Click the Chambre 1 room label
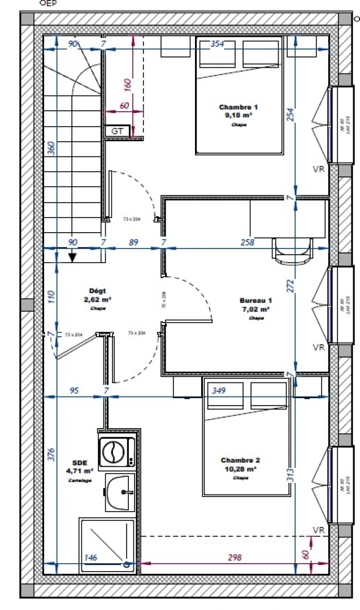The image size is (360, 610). [x=238, y=111]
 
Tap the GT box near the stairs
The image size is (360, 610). [x=118, y=131]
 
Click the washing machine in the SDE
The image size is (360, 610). [x=117, y=452]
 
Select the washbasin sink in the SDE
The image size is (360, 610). [x=120, y=492]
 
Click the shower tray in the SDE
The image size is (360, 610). [x=107, y=544]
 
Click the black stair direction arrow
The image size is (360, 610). [x=72, y=258]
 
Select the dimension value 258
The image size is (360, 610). [x=247, y=243]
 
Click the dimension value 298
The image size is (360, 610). [x=235, y=557]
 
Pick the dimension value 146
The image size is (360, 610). [x=90, y=557]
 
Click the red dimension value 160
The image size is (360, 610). [x=127, y=84]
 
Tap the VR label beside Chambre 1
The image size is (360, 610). [x=318, y=169]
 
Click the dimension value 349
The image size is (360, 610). [x=218, y=390]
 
